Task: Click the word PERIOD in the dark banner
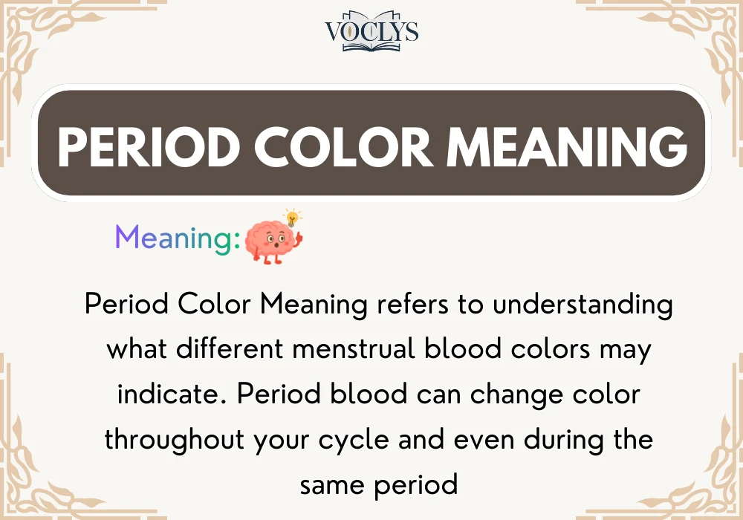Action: pyautogui.click(x=148, y=146)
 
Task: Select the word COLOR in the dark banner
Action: pyautogui.click(x=348, y=146)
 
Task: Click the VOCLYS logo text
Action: pyautogui.click(x=371, y=30)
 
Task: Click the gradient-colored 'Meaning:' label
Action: pyautogui.click(x=178, y=238)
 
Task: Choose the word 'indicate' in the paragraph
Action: pyautogui.click(x=168, y=394)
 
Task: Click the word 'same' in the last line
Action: pyautogui.click(x=330, y=484)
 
